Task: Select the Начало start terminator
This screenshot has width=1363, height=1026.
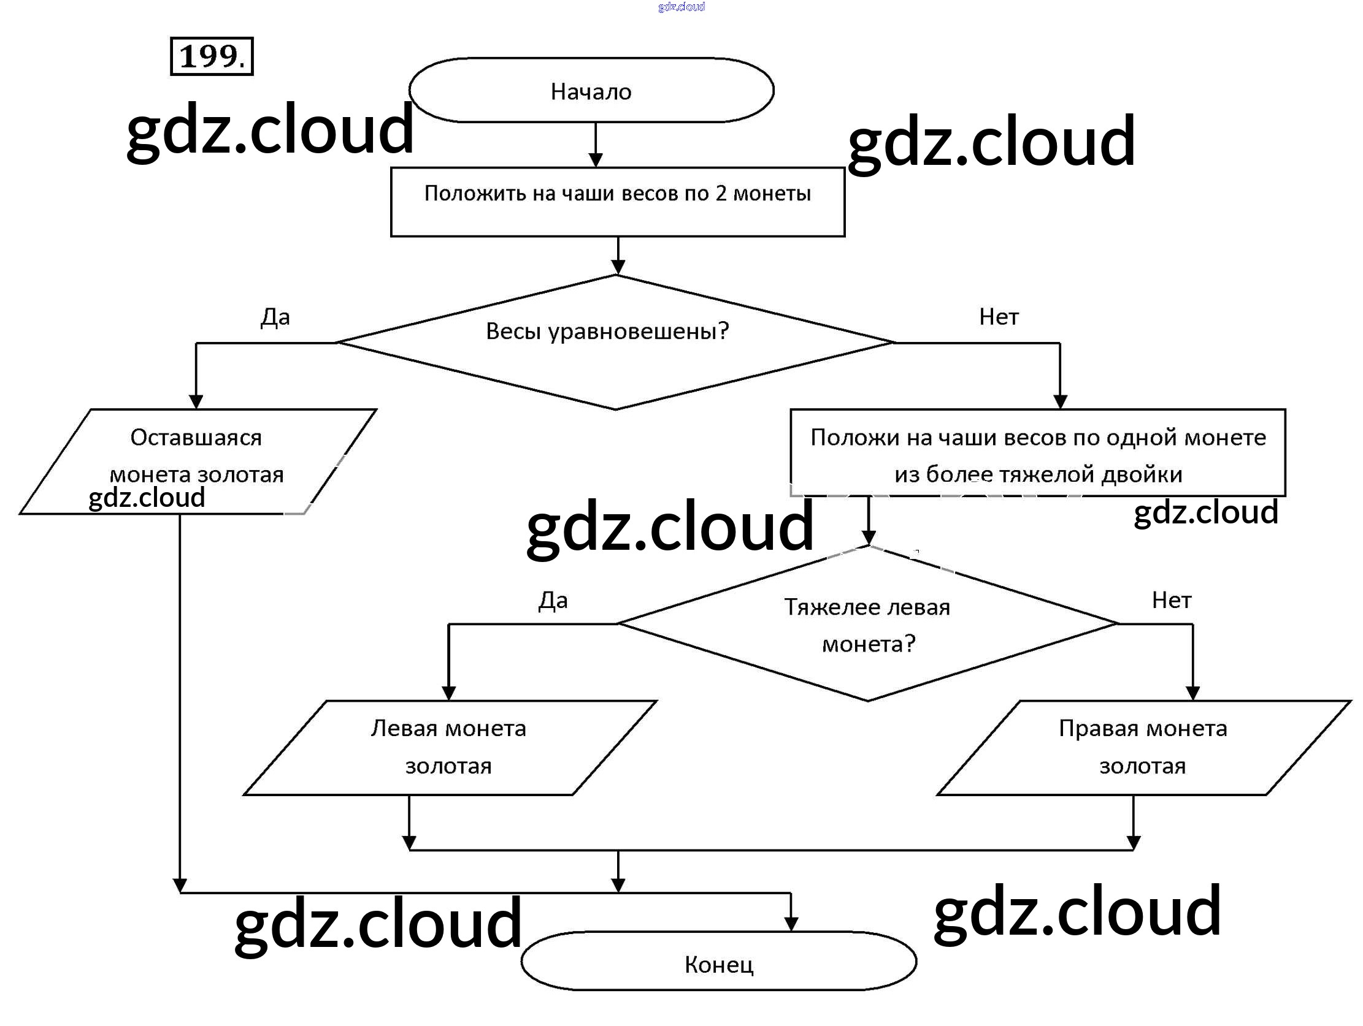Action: coord(591,91)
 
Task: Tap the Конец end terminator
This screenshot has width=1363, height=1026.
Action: coord(718,965)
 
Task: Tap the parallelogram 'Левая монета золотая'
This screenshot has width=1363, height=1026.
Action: coord(448,748)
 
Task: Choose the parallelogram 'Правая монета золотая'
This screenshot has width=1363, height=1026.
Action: coord(1142,748)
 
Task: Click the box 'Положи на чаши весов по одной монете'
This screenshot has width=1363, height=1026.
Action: coord(1038,454)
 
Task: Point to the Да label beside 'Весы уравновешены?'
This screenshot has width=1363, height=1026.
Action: coord(275,317)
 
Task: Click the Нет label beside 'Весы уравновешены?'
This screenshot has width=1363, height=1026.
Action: coord(998,317)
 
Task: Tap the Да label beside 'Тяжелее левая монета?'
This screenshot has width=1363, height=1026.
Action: coord(553,601)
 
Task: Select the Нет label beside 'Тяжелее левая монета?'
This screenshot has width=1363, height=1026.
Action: coord(1172,601)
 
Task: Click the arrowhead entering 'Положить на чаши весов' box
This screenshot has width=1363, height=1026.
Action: coord(595,160)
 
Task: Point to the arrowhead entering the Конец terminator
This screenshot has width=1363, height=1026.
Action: coord(791,924)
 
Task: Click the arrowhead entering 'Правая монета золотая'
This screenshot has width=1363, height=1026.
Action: coord(1192,693)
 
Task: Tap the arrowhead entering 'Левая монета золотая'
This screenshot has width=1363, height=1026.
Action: coord(448,693)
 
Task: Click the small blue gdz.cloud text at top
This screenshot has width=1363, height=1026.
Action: coord(681,7)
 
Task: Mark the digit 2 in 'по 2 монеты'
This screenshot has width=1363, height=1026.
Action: coord(720,194)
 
